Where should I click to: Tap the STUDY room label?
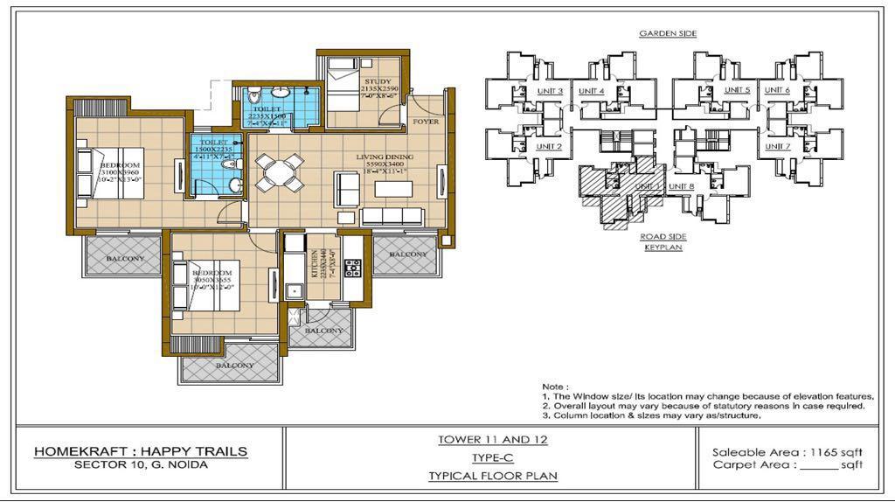point(378,81)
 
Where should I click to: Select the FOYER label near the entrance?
point(426,122)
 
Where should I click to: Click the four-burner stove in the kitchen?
point(353,268)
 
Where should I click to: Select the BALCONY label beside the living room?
point(408,254)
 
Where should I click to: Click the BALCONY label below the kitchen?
point(323,331)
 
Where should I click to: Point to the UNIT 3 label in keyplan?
point(549,91)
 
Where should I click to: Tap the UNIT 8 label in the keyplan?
point(681,186)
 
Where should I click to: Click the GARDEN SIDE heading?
point(667,33)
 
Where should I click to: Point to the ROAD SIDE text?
point(662,236)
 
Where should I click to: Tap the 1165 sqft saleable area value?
point(839,451)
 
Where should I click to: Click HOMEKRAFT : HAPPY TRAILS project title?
point(141,451)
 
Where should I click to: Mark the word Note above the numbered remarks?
point(554,386)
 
